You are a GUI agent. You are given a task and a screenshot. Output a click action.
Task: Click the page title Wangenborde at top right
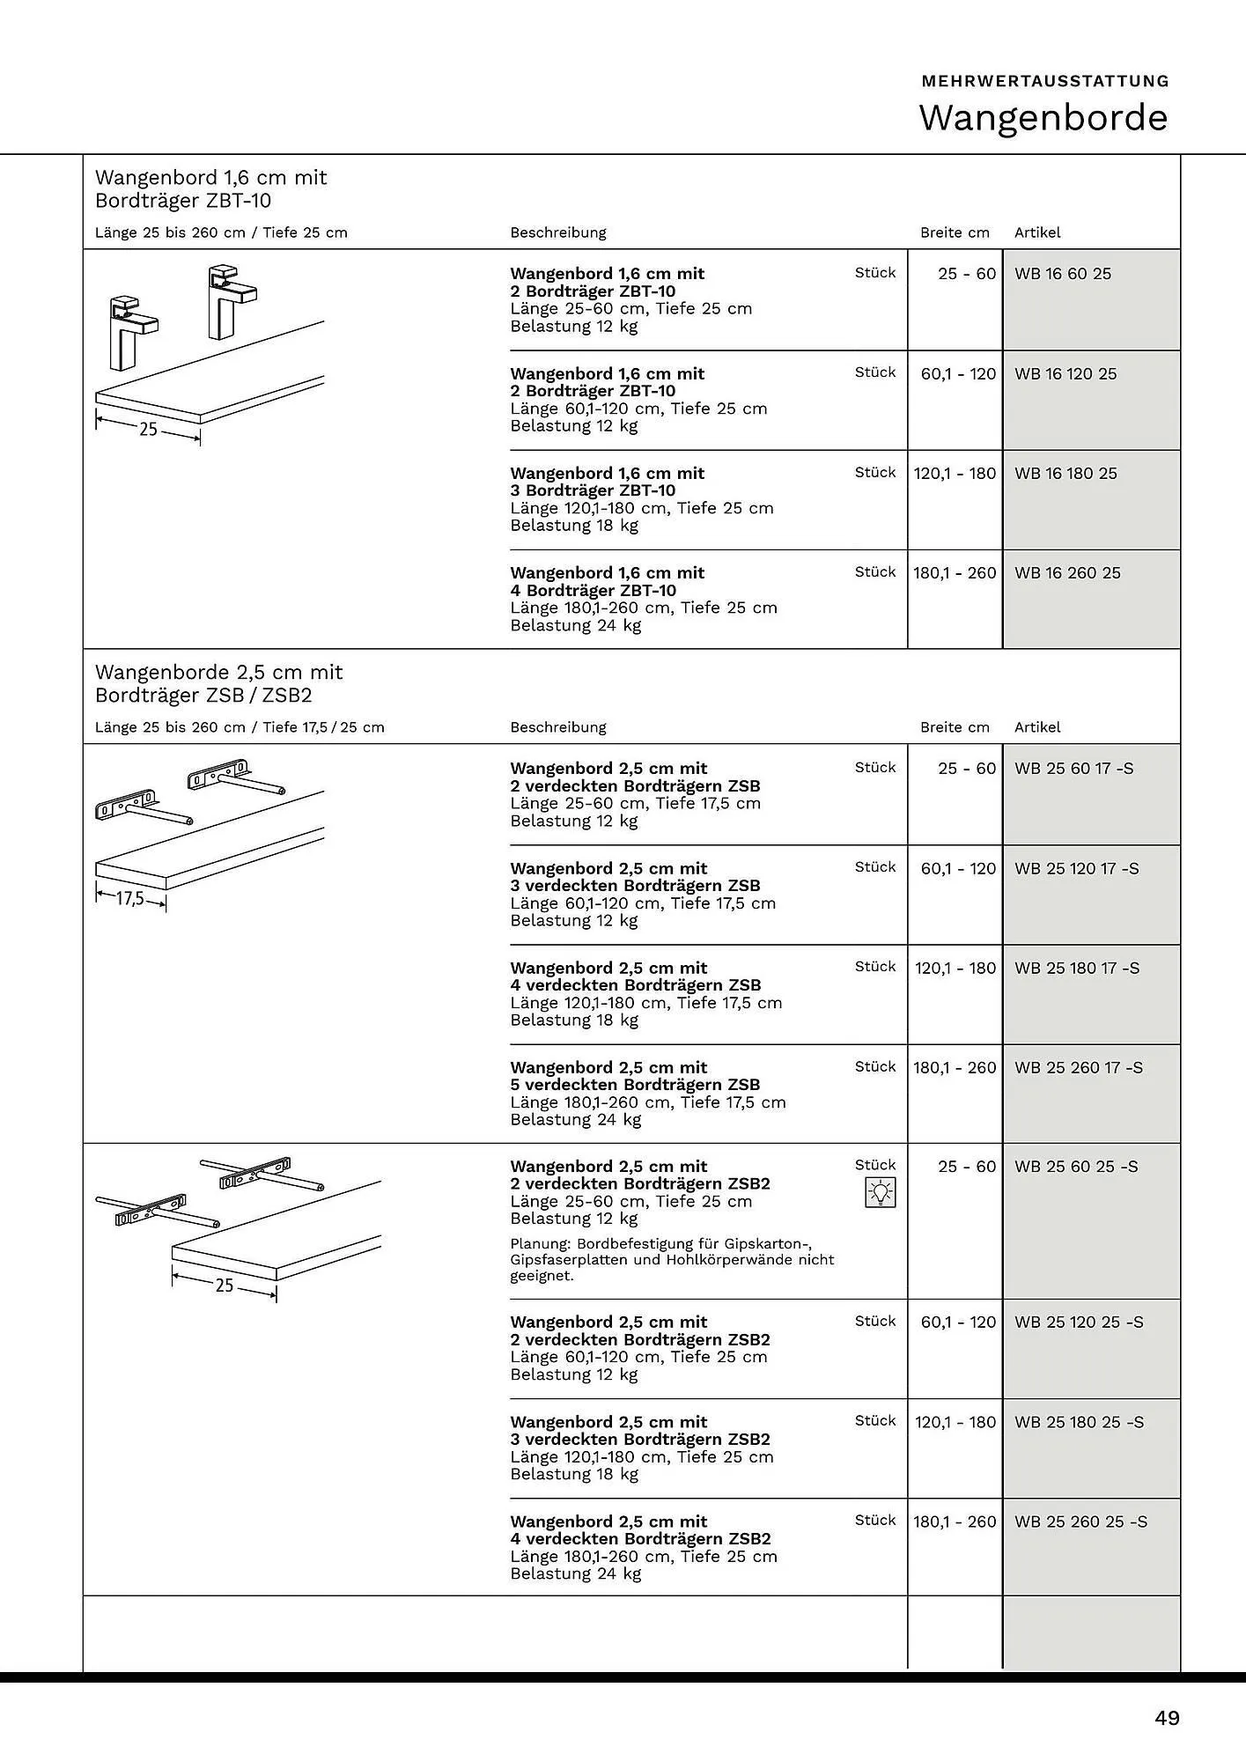1043,118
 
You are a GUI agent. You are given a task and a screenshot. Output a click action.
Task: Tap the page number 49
1167,1718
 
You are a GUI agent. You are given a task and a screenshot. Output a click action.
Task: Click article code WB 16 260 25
1067,573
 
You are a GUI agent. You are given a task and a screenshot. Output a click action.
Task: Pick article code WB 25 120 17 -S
1076,869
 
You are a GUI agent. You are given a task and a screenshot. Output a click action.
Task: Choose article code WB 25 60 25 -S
1076,1167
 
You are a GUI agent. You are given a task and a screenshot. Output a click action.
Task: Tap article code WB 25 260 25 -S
1080,1522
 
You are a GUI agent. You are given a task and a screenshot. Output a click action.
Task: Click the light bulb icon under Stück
880,1192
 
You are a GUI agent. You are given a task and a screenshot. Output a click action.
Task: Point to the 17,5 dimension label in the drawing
130,899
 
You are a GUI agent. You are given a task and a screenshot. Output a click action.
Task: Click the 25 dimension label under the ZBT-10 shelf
148,429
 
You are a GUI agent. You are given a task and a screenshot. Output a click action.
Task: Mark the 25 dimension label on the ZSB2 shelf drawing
225,1286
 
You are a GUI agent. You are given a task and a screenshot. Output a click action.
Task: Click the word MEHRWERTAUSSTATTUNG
1045,81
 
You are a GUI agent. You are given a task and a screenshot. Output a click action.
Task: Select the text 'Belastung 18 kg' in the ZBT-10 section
574,526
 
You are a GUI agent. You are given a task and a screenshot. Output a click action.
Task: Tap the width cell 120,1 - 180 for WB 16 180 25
955,474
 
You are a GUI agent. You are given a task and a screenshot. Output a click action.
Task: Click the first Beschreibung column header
558,232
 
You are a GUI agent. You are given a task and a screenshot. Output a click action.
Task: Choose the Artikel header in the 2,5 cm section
1037,727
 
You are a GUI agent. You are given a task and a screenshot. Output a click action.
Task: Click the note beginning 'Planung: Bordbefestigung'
673,1259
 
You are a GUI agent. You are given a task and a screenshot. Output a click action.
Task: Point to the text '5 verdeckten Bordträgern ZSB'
635,1085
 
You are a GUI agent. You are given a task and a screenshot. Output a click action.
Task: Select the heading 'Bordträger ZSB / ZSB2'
203,696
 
